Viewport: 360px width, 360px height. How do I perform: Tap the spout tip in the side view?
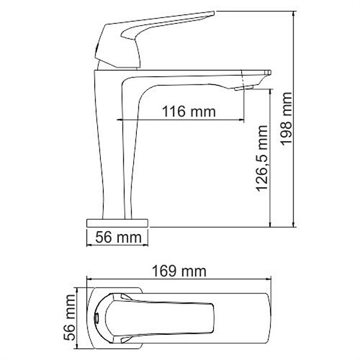(x=264, y=75)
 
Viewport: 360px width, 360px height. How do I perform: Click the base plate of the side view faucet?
(x=117, y=223)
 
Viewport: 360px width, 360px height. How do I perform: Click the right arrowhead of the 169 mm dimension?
(x=282, y=279)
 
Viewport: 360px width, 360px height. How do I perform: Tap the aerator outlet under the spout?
(x=245, y=88)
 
